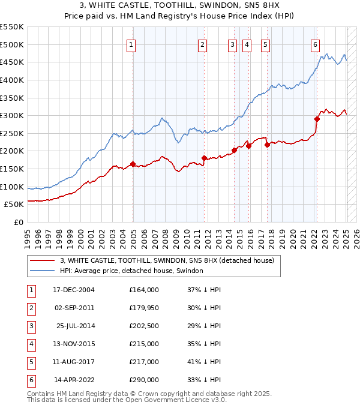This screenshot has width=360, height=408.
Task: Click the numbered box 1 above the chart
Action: (x=131, y=44)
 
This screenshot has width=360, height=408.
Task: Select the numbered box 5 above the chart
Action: (x=265, y=44)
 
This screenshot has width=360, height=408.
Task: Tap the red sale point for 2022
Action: (x=317, y=119)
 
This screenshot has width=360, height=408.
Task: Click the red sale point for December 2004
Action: (x=133, y=164)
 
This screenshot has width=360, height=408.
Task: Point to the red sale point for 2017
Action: (x=267, y=145)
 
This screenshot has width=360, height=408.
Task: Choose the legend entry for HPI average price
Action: (x=131, y=271)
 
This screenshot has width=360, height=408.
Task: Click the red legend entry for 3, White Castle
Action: (x=167, y=260)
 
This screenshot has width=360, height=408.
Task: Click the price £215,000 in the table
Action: (x=144, y=344)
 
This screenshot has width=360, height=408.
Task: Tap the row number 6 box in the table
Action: (x=30, y=380)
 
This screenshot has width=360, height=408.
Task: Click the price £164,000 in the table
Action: (x=144, y=290)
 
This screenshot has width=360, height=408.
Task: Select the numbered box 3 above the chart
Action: (x=232, y=44)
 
